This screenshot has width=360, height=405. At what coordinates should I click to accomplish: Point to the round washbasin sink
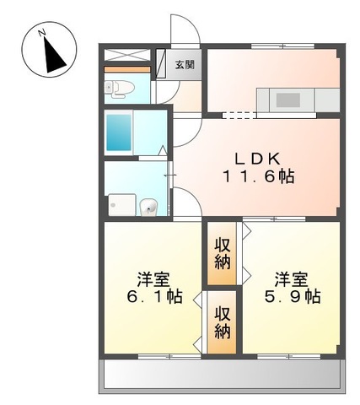[149, 205]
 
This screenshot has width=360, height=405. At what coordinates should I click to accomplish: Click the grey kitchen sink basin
[289, 99]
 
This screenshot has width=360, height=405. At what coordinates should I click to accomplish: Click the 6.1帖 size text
[152, 296]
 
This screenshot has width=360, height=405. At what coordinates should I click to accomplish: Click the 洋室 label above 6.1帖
[152, 277]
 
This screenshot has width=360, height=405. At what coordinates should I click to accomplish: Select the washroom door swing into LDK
[186, 202]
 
